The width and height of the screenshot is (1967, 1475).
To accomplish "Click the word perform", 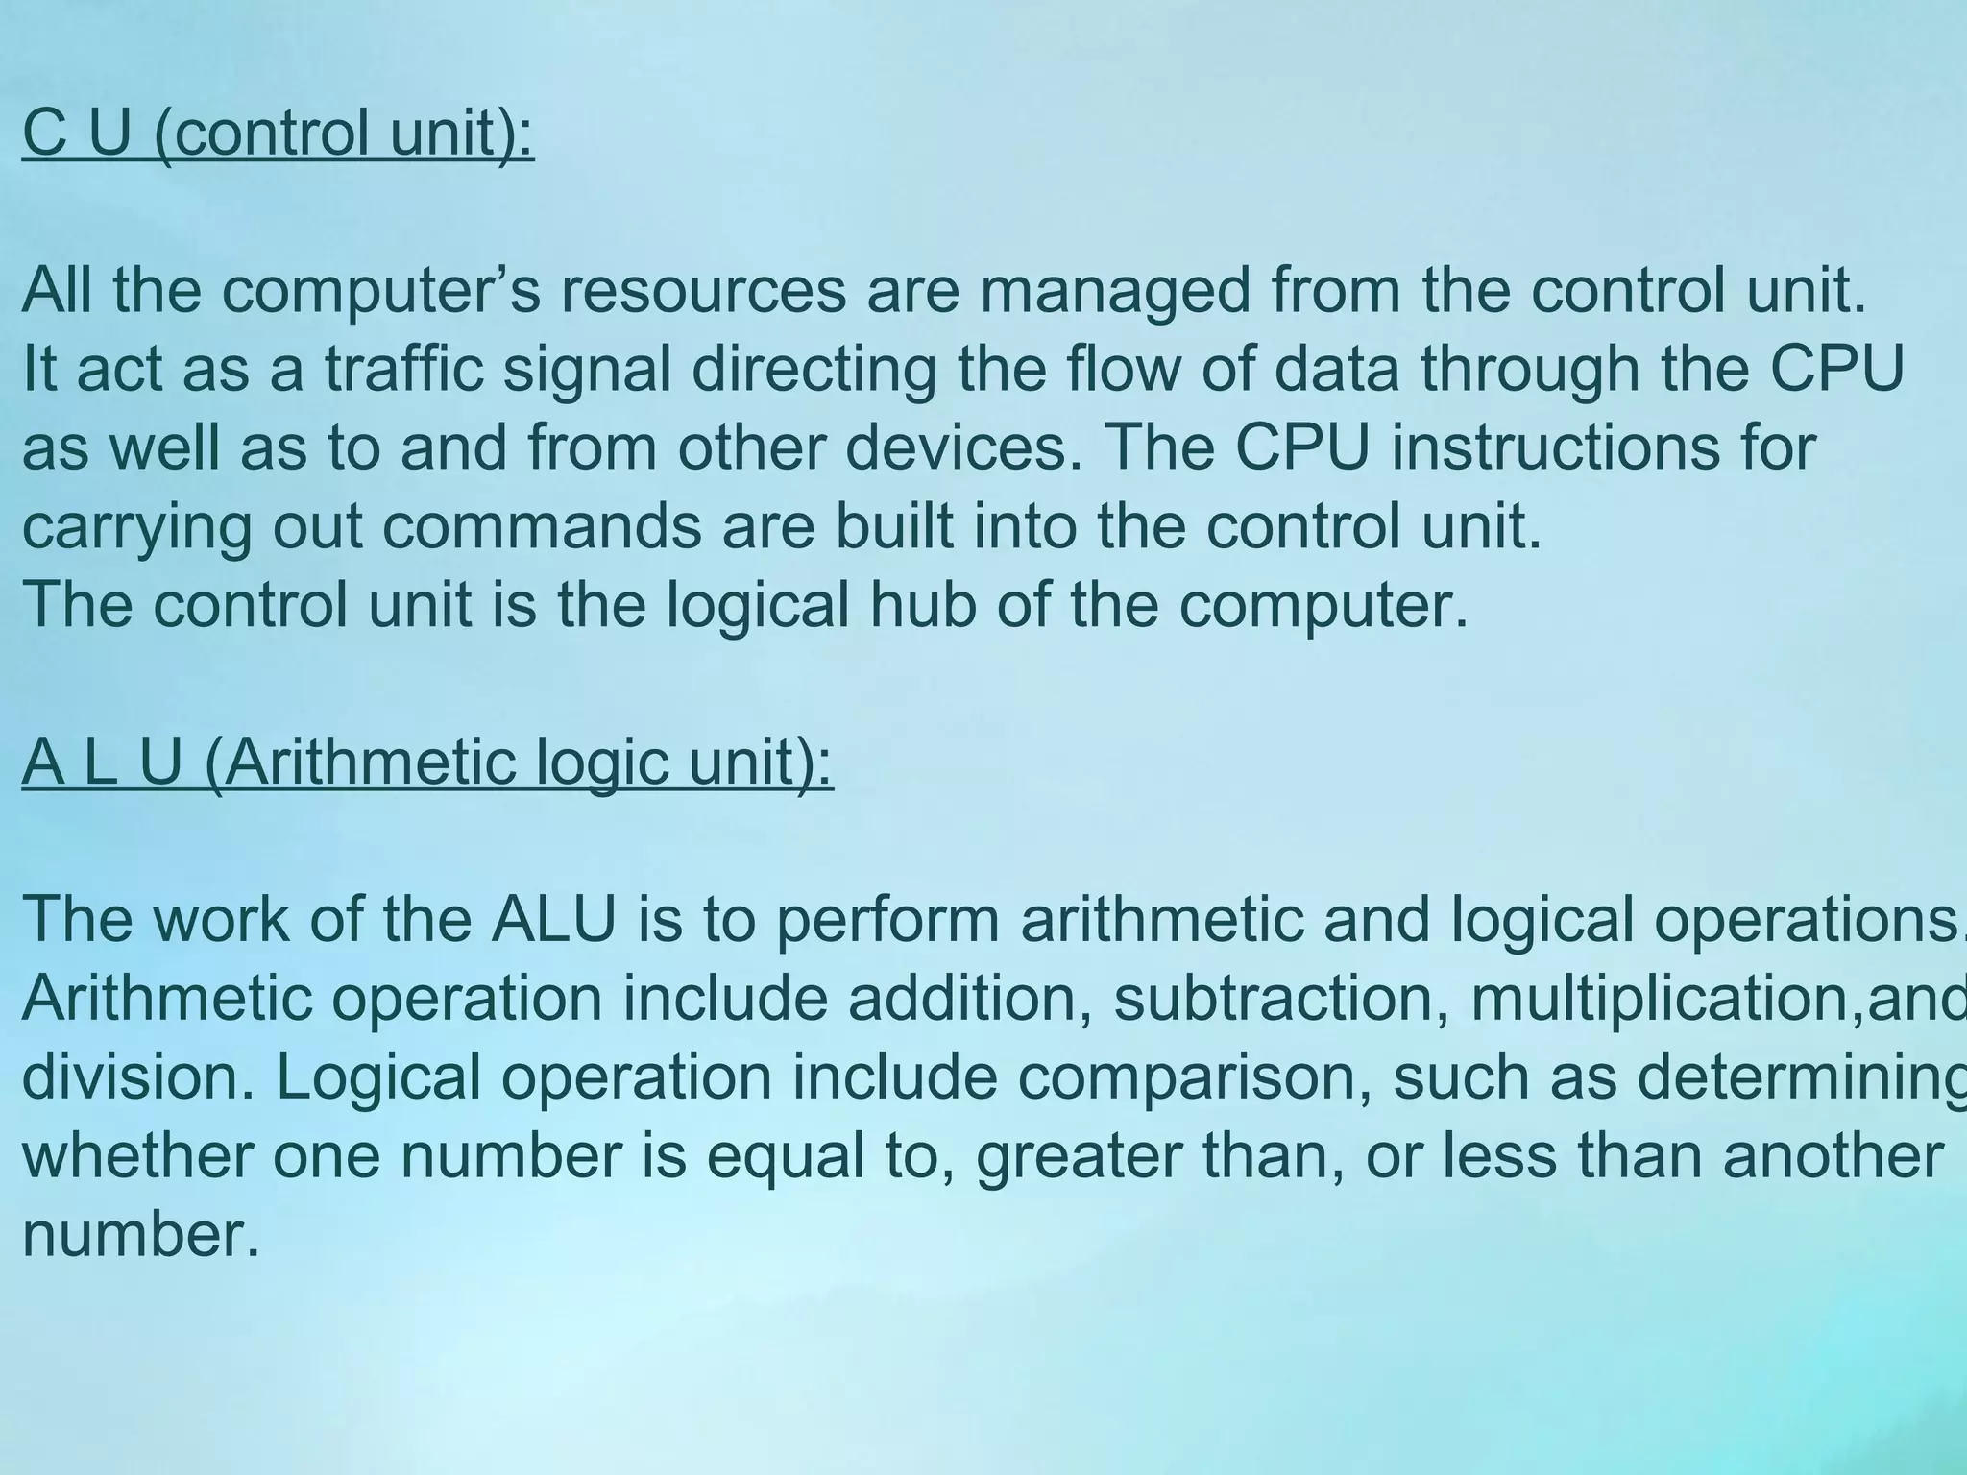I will tap(887, 920).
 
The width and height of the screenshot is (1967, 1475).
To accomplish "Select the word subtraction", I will tap(1281, 999).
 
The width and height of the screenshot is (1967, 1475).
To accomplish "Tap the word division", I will tap(138, 1077).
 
